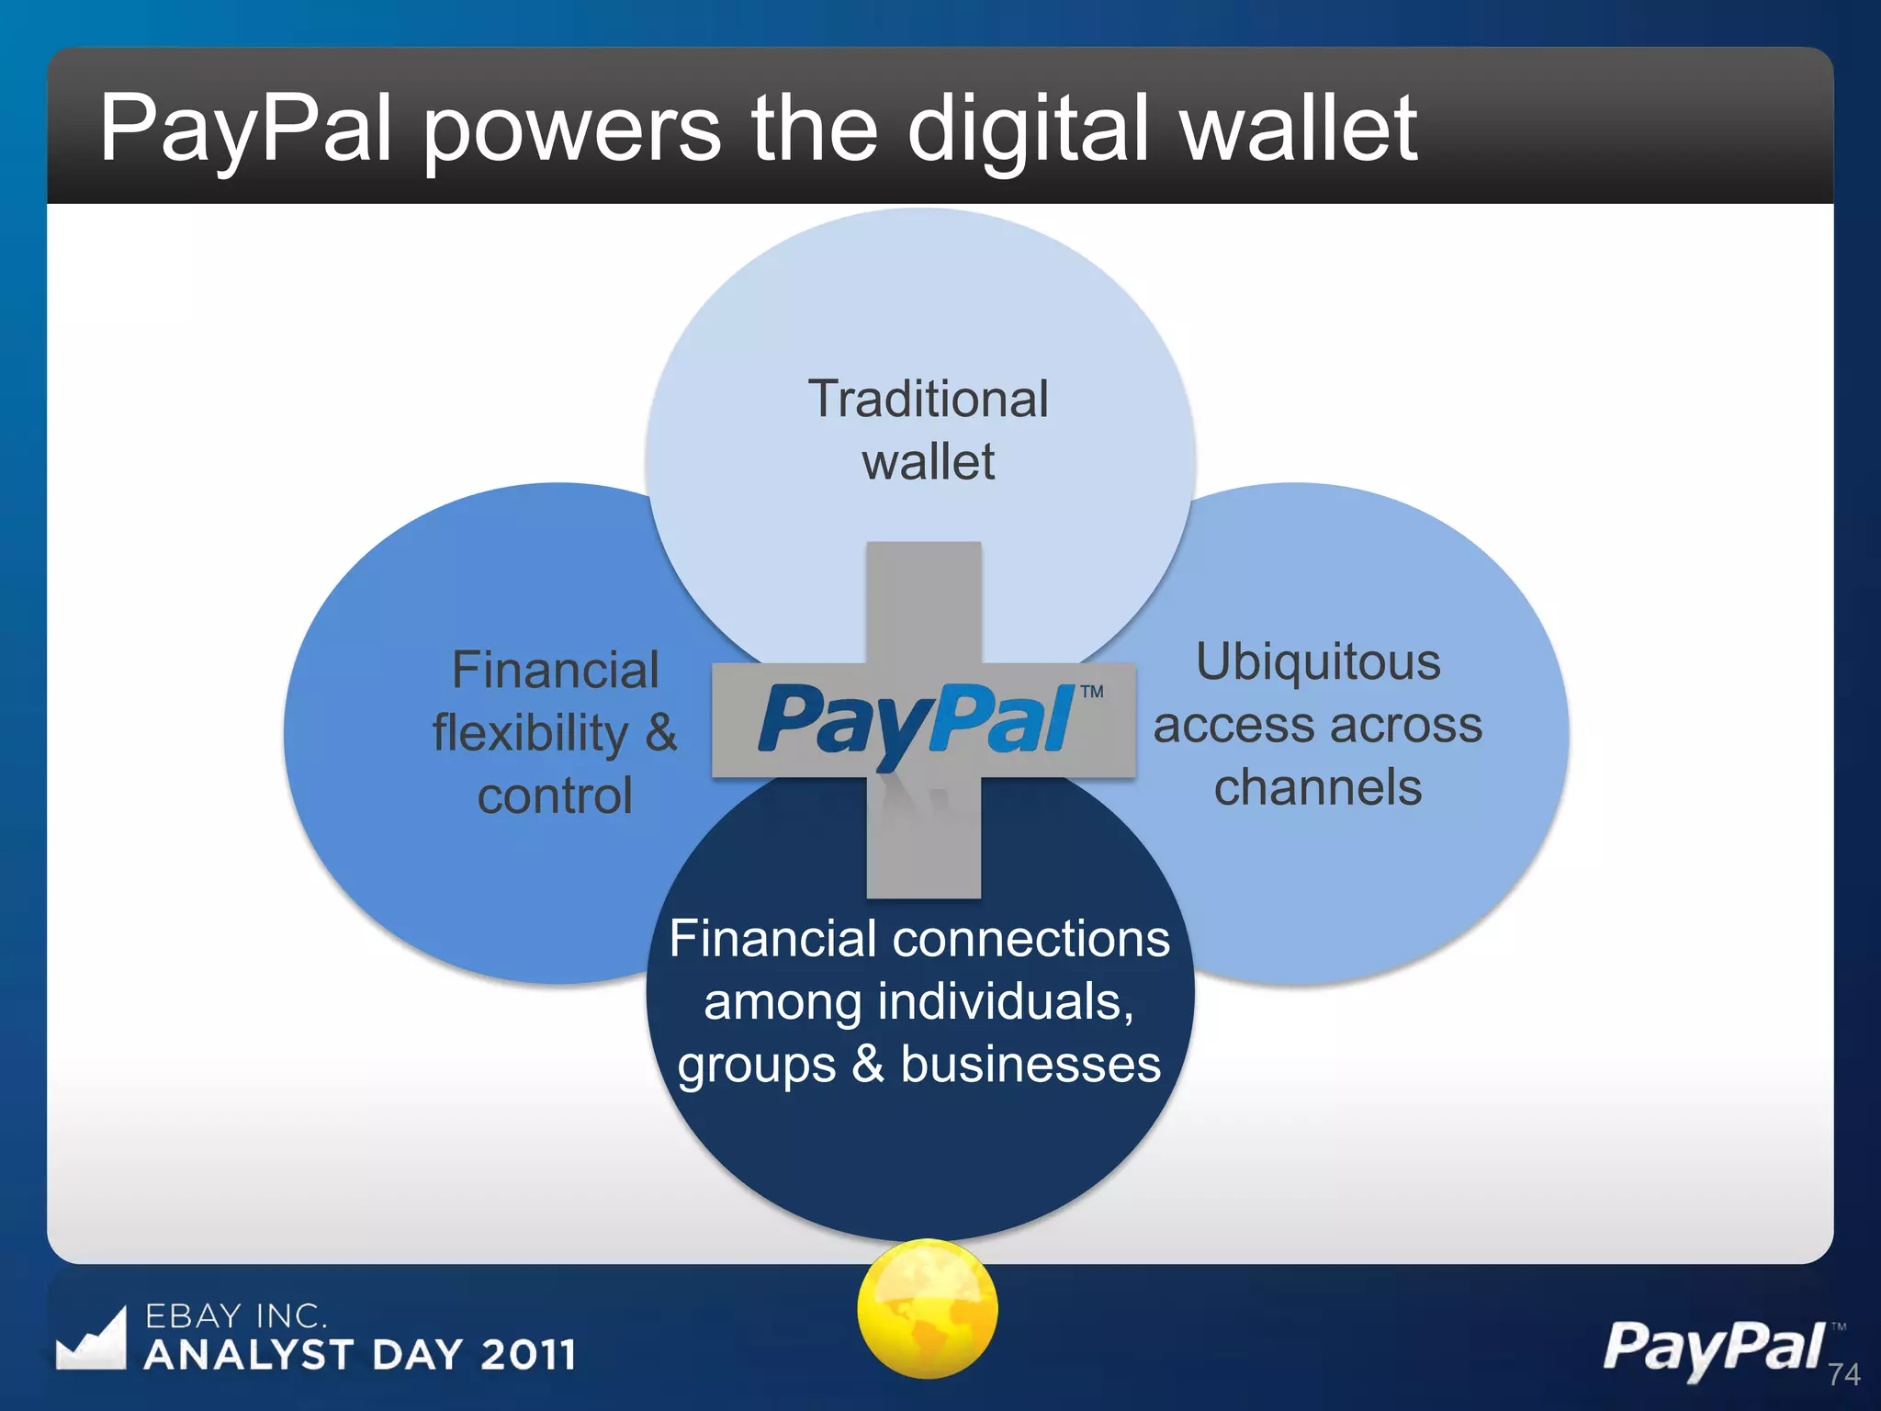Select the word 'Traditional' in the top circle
coord(928,399)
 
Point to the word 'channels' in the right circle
coord(1318,787)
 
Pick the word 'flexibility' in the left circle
coord(531,733)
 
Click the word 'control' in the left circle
coord(555,796)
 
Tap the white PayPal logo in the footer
coord(1714,1349)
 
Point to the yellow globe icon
coord(927,1308)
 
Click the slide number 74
coord(1843,1374)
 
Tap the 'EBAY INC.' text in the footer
coord(236,1316)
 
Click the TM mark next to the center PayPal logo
coord(1092,692)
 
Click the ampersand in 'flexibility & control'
coord(660,733)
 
